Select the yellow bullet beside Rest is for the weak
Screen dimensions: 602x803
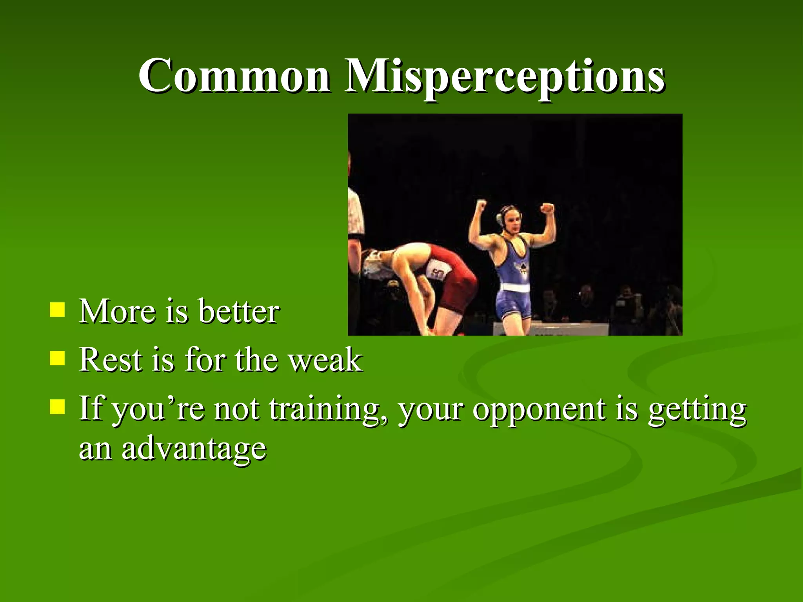pyautogui.click(x=58, y=358)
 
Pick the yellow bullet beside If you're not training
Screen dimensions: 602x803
pyautogui.click(x=58, y=406)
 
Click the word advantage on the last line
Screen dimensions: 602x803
pyautogui.click(x=194, y=449)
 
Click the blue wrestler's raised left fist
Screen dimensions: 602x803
pyautogui.click(x=548, y=208)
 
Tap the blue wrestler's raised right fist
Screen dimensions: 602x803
pyautogui.click(x=481, y=205)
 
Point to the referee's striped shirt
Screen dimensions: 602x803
pyautogui.click(x=355, y=216)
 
